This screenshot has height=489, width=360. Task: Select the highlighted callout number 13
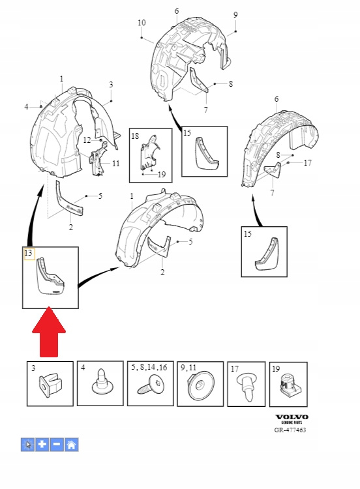[x=29, y=252]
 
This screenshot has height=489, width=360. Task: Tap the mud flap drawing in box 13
[x=51, y=276]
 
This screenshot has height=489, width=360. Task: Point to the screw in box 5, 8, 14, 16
[x=151, y=385]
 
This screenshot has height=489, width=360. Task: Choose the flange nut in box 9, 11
[x=201, y=387]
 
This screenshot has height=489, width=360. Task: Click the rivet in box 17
[x=247, y=389]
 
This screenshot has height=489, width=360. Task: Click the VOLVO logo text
[x=292, y=417]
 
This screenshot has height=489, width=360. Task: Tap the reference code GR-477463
[x=290, y=430]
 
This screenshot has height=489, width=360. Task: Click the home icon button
[x=72, y=445]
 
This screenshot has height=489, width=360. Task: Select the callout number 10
[x=142, y=23]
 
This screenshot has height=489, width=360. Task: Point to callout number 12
[x=87, y=140]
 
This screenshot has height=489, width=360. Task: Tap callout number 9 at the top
[x=235, y=14]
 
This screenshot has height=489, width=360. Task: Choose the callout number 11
[x=116, y=163]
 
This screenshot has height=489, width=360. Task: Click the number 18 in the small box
[x=135, y=136]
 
